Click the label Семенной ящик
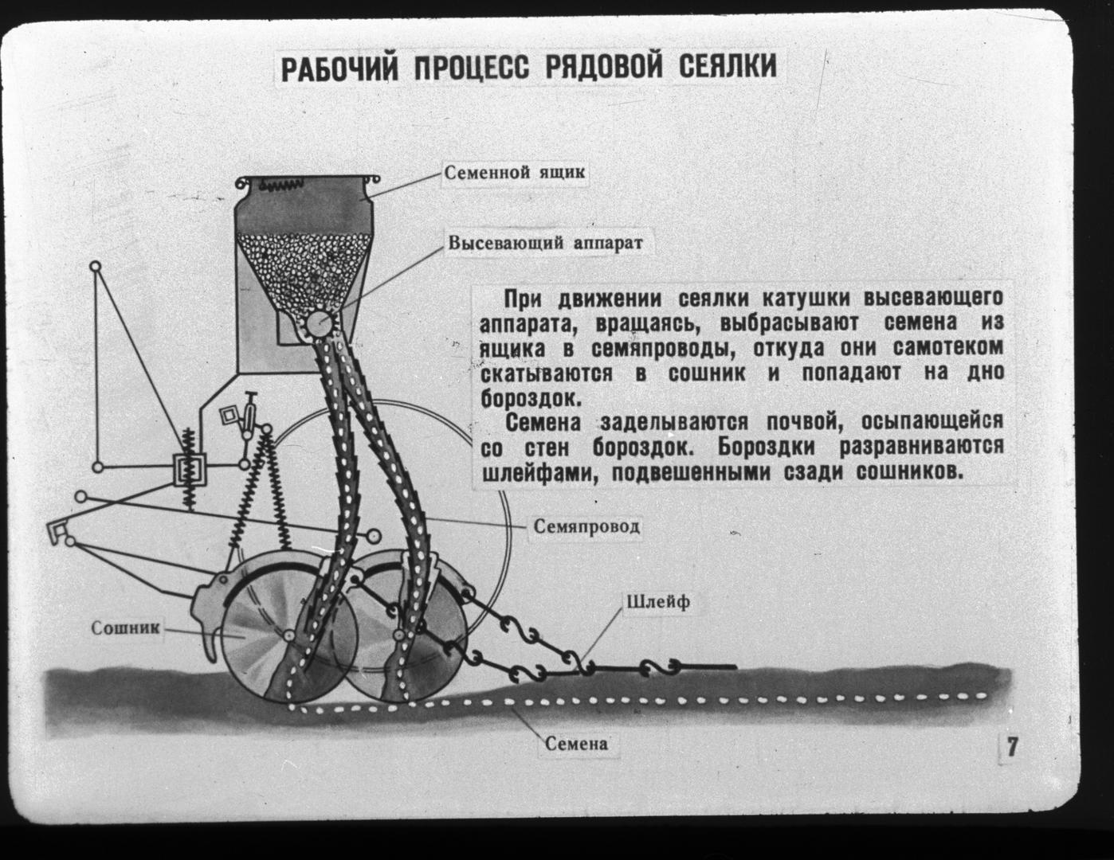click(x=514, y=172)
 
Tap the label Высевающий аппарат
click(x=546, y=243)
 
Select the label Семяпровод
click(x=586, y=526)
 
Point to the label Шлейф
click(x=658, y=602)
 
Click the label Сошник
click(x=126, y=628)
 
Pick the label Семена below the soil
click(x=576, y=744)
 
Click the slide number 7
click(x=1012, y=746)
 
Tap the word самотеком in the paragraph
click(x=948, y=347)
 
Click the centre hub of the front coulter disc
click(x=289, y=635)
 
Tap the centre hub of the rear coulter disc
click(x=398, y=635)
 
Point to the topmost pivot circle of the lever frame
click(x=96, y=266)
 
